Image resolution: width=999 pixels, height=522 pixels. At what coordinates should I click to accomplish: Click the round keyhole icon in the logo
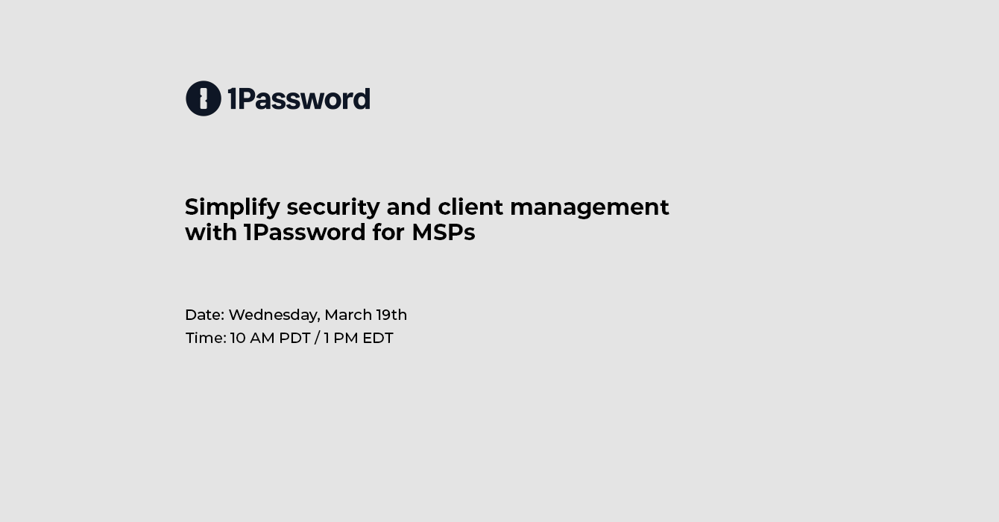(x=204, y=98)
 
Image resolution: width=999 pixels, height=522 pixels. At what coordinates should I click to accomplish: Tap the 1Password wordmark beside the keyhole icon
(x=299, y=98)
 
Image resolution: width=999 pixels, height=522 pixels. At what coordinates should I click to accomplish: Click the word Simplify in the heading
(x=233, y=208)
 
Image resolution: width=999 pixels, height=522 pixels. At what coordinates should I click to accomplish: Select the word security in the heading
(x=333, y=208)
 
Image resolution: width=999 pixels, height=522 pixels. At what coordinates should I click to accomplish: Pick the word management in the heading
(x=590, y=208)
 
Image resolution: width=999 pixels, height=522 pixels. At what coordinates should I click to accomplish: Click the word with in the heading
(x=211, y=232)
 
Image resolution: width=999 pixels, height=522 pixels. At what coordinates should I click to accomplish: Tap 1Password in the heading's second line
(x=305, y=233)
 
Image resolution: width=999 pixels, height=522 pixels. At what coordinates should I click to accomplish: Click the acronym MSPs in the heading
(x=444, y=233)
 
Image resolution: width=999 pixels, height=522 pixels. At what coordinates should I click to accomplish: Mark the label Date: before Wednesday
(x=205, y=315)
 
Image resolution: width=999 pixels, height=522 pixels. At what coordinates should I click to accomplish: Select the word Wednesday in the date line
(x=274, y=315)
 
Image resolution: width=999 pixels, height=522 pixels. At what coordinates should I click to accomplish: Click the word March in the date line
(x=348, y=315)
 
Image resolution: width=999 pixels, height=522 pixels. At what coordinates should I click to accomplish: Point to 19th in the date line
(x=391, y=315)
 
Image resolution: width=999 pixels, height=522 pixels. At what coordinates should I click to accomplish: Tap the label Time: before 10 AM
(x=206, y=339)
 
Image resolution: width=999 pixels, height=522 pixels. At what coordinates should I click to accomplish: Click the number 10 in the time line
(x=238, y=339)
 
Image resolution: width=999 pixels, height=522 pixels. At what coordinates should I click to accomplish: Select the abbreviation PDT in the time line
(x=294, y=339)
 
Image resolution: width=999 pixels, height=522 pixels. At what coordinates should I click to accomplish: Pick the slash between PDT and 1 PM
(x=317, y=339)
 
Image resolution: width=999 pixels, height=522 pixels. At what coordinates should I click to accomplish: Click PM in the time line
(x=346, y=339)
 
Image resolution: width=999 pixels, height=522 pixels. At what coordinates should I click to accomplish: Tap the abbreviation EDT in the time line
(x=378, y=339)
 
